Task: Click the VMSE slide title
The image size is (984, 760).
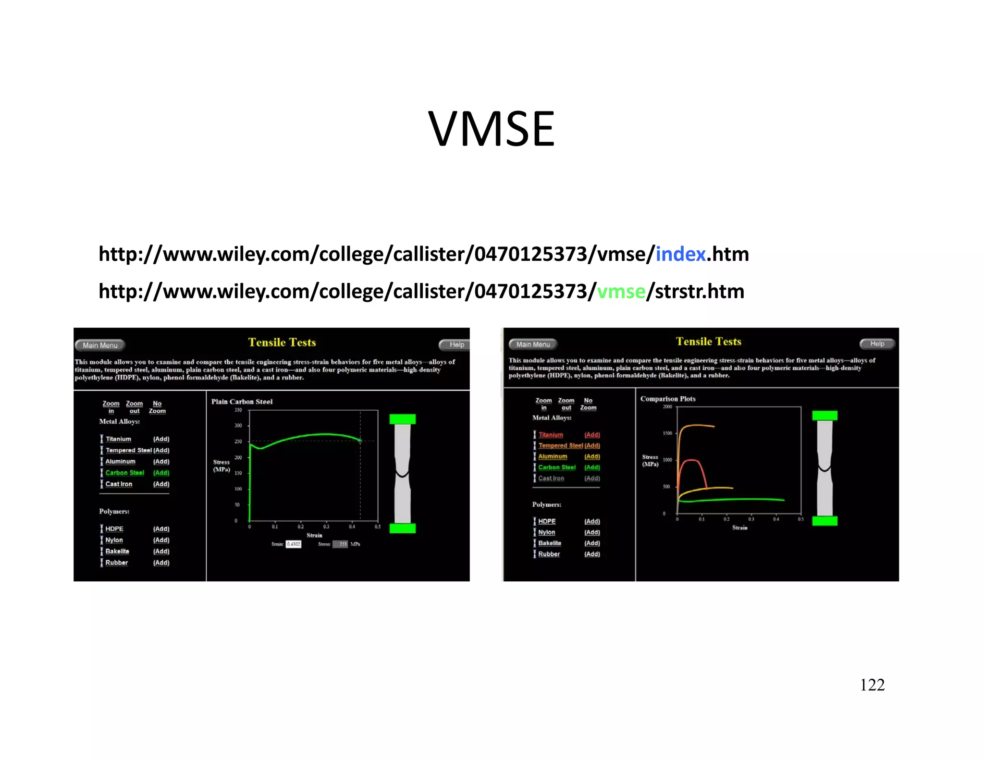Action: [491, 129]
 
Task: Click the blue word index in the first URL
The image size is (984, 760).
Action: [680, 254]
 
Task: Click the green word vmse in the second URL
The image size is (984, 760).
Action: [621, 292]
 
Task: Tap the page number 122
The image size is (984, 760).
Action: [872, 685]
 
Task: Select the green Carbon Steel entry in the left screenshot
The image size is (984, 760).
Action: [124, 473]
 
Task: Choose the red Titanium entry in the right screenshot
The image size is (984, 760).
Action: [551, 435]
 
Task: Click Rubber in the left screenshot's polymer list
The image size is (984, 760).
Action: [117, 563]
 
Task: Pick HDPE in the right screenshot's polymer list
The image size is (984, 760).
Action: [547, 521]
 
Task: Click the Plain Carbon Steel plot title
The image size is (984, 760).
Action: [242, 402]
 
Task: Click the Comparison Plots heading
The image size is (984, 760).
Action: [668, 399]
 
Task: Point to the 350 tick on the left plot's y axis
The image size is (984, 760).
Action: [238, 410]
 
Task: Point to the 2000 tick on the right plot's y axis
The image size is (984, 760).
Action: [667, 407]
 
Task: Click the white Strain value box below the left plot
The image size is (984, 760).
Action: [293, 544]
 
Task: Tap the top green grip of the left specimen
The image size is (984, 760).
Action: [402, 419]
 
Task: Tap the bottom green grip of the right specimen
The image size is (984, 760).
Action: [824, 521]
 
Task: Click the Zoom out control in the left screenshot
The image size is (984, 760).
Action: [135, 407]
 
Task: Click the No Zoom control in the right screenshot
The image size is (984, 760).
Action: [588, 404]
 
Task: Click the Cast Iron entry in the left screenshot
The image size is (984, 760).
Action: [119, 484]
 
